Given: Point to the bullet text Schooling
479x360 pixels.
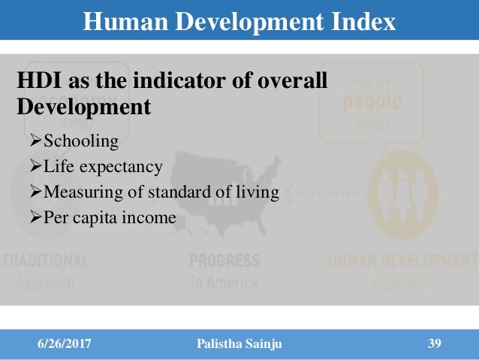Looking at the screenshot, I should click(81, 141).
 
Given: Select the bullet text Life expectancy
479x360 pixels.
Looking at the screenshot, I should click(104, 167).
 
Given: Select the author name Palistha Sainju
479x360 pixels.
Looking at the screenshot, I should click(239, 344).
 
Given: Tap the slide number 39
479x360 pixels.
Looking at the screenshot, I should click(434, 344).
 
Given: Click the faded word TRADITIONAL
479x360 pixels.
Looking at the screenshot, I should click(45, 262).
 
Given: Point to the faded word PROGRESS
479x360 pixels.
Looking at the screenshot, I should click(224, 262).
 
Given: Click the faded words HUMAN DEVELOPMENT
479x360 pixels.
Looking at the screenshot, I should click(402, 262).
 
